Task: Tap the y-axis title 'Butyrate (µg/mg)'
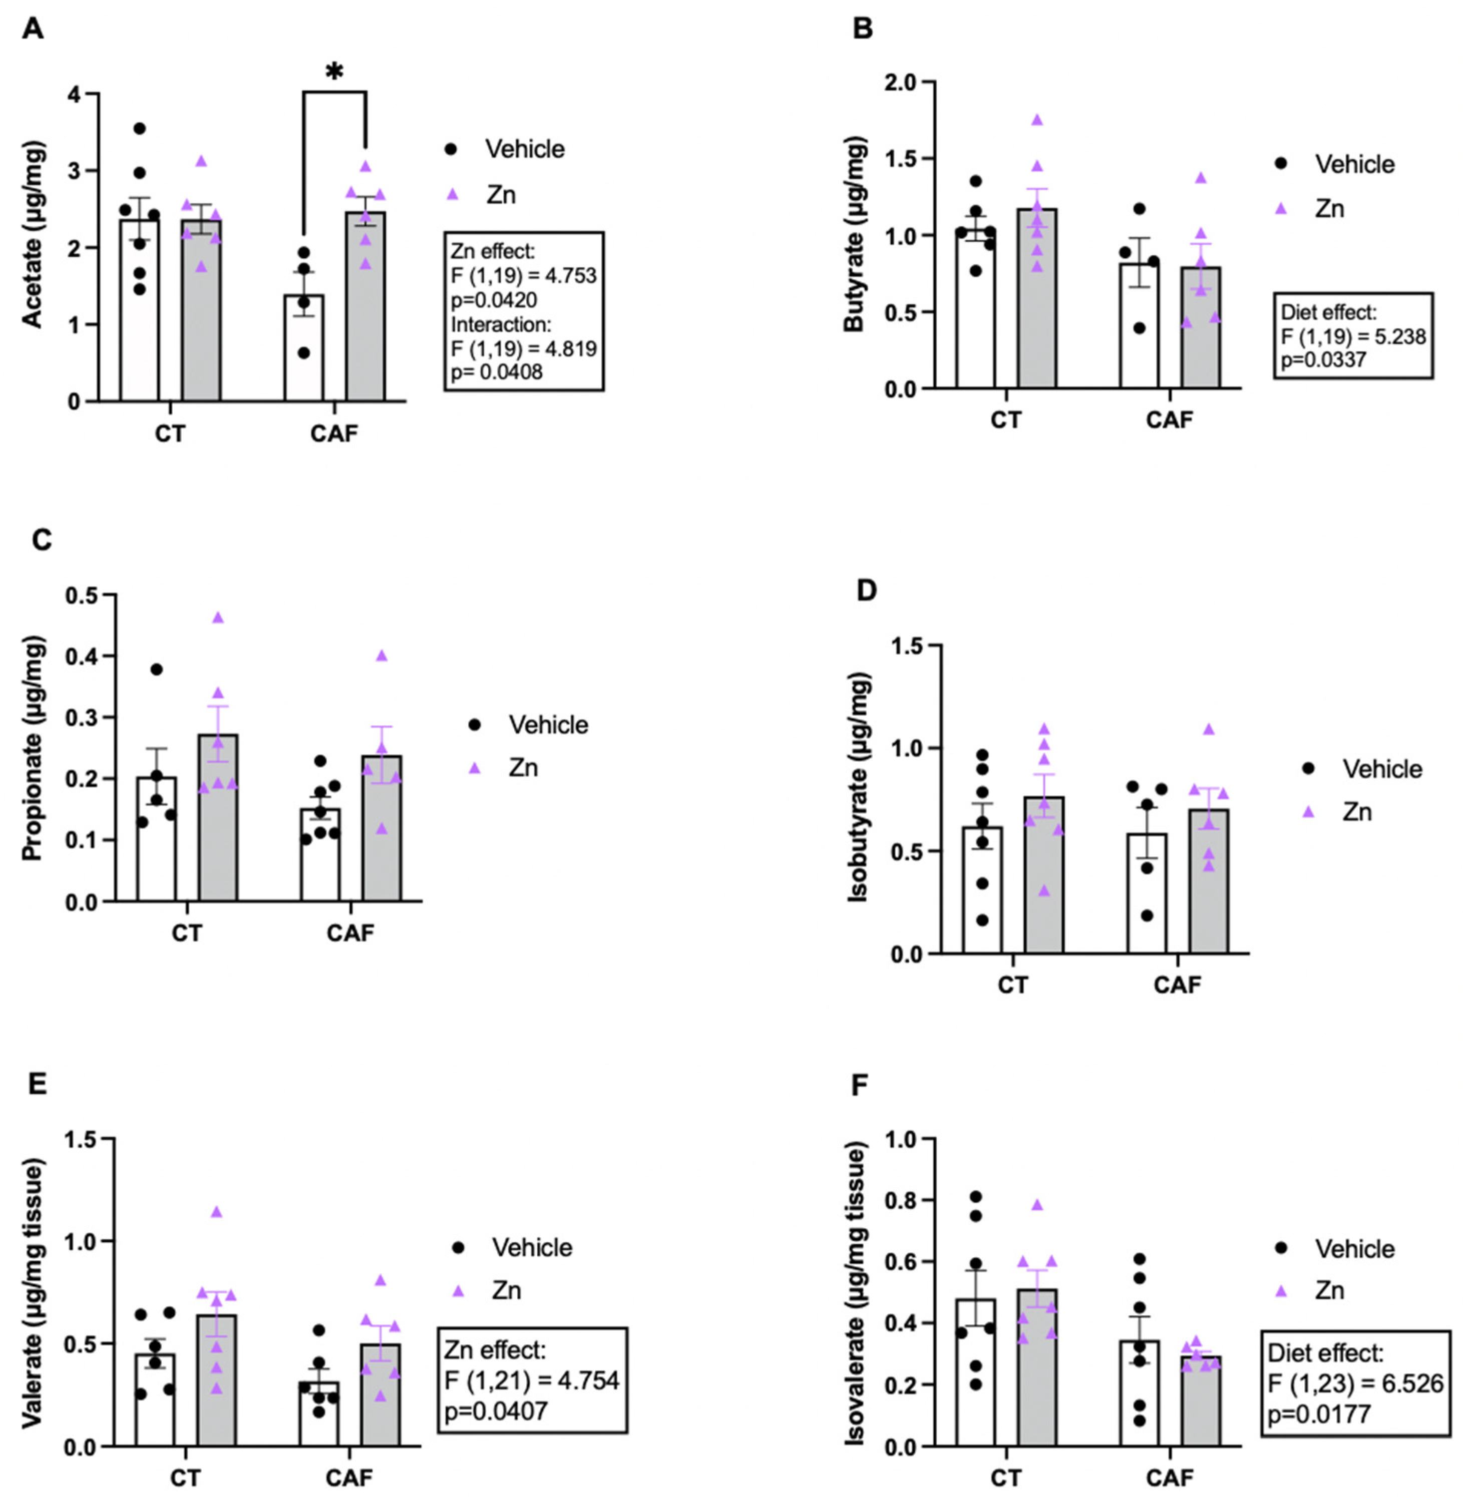point(855,234)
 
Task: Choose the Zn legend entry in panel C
point(523,768)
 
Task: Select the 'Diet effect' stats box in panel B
point(1352,335)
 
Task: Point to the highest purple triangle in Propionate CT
point(218,618)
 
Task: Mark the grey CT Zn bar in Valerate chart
point(217,1383)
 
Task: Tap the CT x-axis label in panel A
point(170,433)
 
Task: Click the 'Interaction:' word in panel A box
point(501,323)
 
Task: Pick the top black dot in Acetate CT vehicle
point(140,128)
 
